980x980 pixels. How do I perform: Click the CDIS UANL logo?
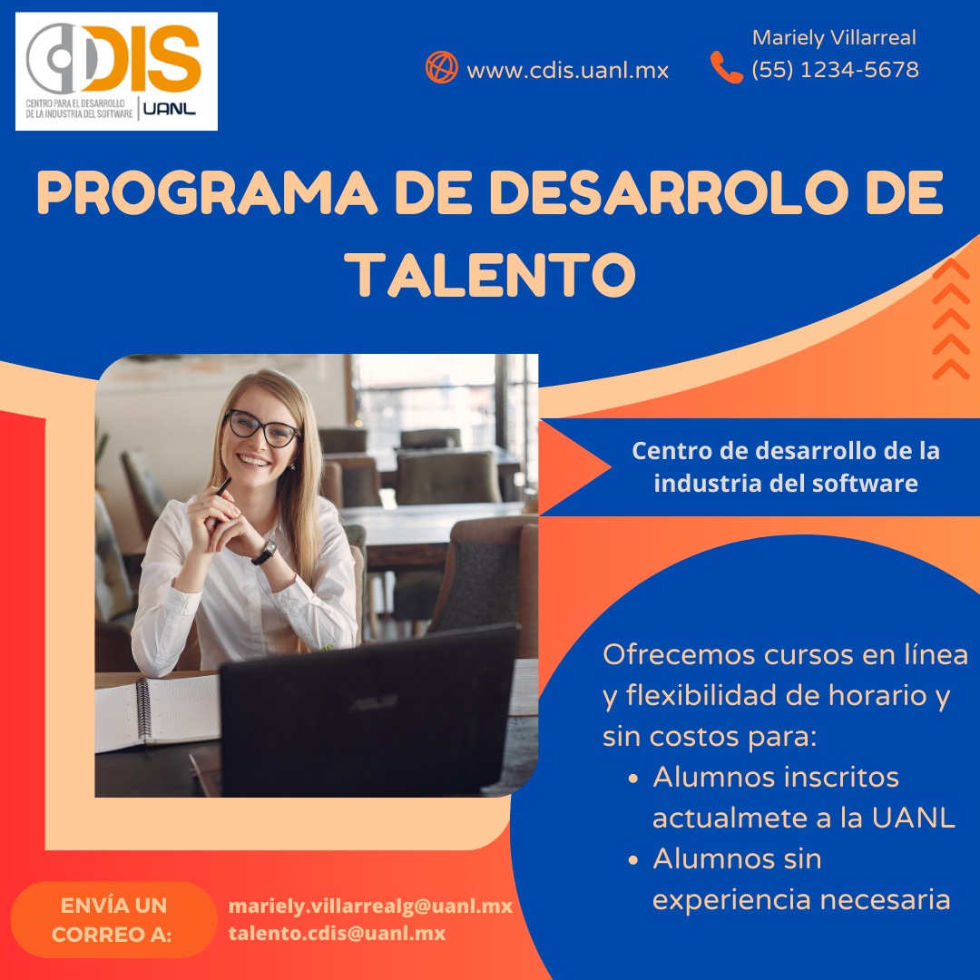(x=116, y=71)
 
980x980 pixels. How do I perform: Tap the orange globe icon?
(x=442, y=67)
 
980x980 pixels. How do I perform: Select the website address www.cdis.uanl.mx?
(x=567, y=70)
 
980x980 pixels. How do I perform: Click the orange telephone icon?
(x=726, y=67)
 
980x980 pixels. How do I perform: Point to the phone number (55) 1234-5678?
(x=835, y=69)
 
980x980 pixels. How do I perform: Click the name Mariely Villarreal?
(x=834, y=38)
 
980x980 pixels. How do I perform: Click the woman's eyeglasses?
(x=262, y=427)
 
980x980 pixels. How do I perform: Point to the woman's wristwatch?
(x=264, y=551)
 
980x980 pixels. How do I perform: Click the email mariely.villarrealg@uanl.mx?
(x=370, y=906)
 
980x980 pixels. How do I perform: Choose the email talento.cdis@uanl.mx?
(x=337, y=933)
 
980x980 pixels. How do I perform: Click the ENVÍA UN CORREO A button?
(x=113, y=919)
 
